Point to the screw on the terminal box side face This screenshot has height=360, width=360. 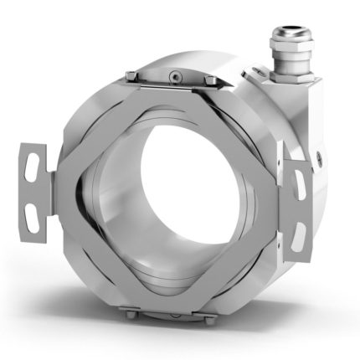coord(321,156)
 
